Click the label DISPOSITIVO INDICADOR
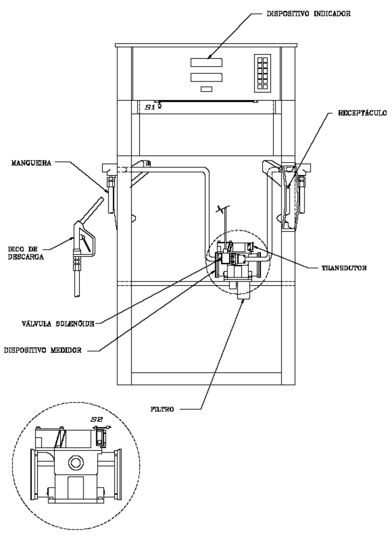point(308,14)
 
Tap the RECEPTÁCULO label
point(363,113)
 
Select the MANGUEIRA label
point(32,163)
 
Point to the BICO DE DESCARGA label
point(26,253)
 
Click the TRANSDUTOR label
point(344,268)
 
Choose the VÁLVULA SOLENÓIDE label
point(58,323)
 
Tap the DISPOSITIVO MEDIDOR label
point(43,350)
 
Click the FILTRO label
point(162,409)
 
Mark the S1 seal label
point(150,107)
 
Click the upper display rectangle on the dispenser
point(206,63)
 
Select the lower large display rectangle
point(206,77)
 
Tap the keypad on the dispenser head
point(262,73)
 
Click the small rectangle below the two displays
point(206,89)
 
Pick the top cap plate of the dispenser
point(206,45)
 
